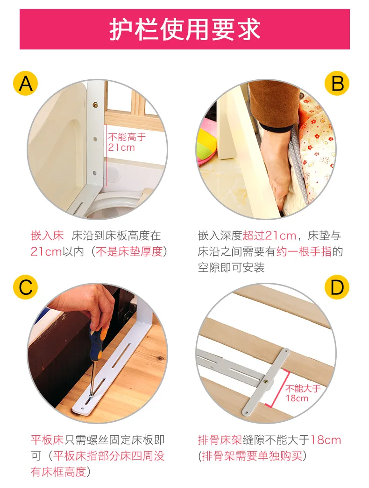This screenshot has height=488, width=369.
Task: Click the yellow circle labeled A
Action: pos(25,84)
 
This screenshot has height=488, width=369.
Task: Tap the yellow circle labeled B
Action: pos(337,84)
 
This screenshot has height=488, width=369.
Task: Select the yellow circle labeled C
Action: pos(25,287)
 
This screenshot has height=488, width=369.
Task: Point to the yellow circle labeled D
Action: pos(337,287)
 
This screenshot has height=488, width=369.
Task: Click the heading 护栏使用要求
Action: pos(184,29)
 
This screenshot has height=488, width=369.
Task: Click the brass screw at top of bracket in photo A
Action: pos(96,105)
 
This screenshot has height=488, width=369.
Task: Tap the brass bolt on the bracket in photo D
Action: pos(266,381)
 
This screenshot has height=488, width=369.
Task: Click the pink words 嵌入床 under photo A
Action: pos(47,236)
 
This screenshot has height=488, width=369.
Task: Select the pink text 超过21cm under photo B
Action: pos(269,236)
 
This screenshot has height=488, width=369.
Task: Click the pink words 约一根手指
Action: pos(304,251)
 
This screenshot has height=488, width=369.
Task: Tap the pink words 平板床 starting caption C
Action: pos(47,440)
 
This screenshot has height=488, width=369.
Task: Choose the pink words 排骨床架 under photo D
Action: pos(220,440)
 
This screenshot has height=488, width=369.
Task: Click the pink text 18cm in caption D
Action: pos(326,440)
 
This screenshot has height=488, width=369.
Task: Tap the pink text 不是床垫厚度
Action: pos(129,251)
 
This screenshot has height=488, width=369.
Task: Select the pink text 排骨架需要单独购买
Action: pos(252,456)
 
